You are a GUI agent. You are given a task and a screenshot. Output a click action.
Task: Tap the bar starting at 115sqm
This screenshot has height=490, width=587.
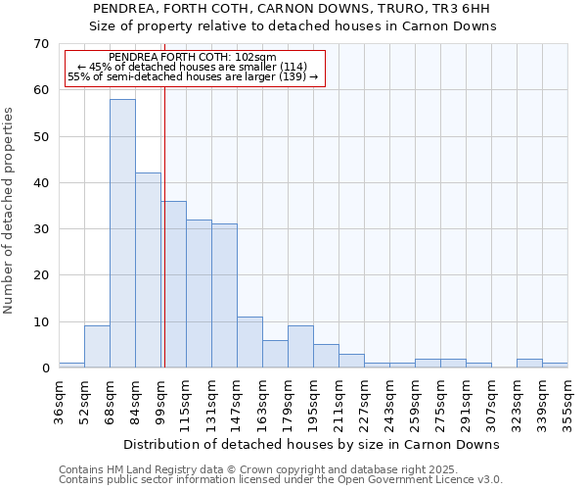click(199, 294)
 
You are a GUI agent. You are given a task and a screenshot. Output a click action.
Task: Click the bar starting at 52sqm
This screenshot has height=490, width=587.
click(97, 347)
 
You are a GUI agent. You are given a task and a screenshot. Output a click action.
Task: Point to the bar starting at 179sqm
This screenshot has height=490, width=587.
click(300, 347)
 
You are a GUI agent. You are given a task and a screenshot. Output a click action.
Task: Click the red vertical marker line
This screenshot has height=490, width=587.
click(164, 225)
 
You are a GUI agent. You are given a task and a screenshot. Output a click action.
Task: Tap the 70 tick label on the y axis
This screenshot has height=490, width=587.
click(40, 44)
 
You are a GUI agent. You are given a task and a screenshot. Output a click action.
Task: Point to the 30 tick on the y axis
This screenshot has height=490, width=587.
click(40, 229)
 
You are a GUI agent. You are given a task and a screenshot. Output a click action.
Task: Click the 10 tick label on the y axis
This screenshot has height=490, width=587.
click(40, 322)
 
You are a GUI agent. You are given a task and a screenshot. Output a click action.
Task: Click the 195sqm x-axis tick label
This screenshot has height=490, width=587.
click(313, 403)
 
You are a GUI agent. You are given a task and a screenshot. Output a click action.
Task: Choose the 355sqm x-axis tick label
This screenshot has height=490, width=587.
click(567, 403)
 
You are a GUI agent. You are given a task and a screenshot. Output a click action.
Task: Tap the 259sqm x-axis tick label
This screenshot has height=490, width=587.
click(415, 403)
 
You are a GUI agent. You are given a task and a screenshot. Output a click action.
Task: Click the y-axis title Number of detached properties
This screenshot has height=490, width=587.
click(10, 211)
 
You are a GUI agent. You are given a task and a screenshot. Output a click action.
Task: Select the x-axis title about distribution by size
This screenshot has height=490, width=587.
click(313, 444)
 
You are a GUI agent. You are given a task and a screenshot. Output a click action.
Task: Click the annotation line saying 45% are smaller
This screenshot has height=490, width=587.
click(193, 67)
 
